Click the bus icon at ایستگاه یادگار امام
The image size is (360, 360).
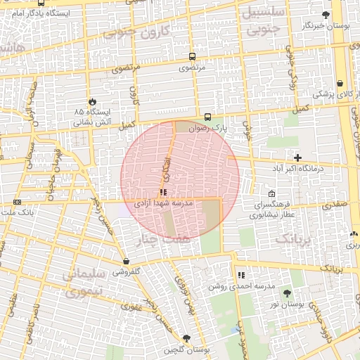pos(41,4)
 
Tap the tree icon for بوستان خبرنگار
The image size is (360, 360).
pos(325,15)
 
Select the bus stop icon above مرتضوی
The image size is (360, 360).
pos(192,56)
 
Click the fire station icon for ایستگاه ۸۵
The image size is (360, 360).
pos(92,101)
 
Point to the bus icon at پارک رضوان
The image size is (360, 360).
pos(207,117)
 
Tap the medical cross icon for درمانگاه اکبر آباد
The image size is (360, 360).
pos(297,157)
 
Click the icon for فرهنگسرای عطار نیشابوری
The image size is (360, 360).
pos(272,194)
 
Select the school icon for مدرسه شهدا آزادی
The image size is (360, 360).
pos(163,192)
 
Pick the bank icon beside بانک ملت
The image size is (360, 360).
pos(17,202)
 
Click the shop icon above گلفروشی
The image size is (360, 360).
pos(126,261)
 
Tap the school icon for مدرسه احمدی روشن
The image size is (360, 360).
pos(241,276)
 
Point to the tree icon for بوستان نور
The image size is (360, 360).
pos(286,293)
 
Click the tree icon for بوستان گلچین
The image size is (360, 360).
pos(186,338)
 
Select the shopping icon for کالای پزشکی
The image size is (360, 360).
pos(340,83)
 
